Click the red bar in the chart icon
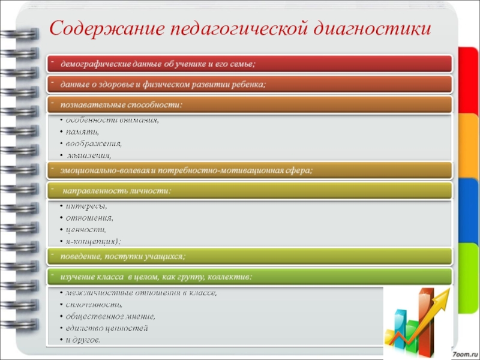(x=425, y=312)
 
